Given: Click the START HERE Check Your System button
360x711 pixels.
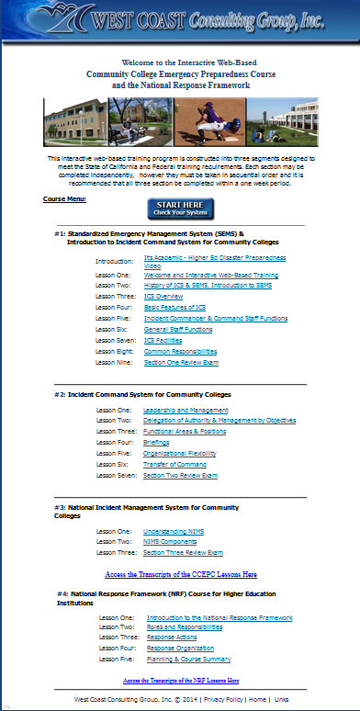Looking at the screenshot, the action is pyautogui.click(x=180, y=209).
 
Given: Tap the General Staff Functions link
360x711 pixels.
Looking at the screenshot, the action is pyautogui.click(x=178, y=328).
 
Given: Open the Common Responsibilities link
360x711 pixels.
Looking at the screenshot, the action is pyautogui.click(x=180, y=351).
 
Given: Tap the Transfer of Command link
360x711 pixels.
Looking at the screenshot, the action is pyautogui.click(x=176, y=465).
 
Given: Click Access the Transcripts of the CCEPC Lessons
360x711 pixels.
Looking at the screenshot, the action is pyautogui.click(x=180, y=574).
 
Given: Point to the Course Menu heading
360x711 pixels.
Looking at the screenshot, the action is pyautogui.click(x=64, y=198).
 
